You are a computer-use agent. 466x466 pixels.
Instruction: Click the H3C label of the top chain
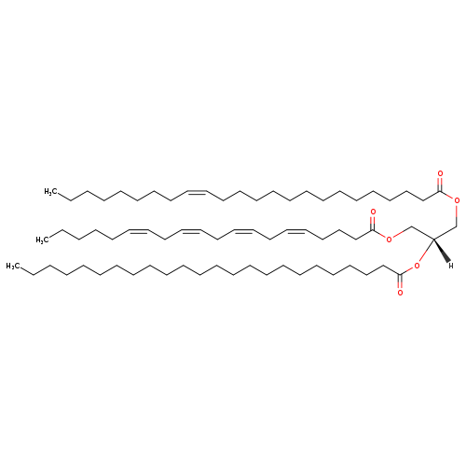pos(50,192)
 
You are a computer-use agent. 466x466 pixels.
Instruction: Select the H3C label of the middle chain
pos(42,240)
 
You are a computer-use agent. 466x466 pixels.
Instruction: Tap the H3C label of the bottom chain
pos(12,266)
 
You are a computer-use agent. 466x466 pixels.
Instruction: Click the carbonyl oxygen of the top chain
pos(440,173)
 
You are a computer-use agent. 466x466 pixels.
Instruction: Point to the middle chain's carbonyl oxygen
pos(373,212)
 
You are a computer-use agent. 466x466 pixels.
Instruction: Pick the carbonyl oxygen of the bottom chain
pos(400,293)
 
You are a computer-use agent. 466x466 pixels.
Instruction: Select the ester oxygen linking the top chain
pos(457,200)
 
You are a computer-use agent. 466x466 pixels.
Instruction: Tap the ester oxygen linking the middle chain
pos(389,240)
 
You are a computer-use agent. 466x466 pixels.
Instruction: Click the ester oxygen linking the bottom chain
pos(417,266)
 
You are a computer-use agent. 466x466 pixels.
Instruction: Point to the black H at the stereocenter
pos(451,266)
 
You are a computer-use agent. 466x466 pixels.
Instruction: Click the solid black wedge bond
pos(442,251)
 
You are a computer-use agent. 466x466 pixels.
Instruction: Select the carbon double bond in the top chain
pos(197,192)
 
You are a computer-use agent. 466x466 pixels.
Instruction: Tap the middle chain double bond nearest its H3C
pos(138,231)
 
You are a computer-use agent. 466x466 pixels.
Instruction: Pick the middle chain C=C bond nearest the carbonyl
pos(297,231)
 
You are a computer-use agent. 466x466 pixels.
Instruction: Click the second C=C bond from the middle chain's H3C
pos(190,231)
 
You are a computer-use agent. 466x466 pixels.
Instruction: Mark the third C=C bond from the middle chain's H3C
pos(244,231)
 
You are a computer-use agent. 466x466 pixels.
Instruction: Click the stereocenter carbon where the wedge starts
pos(433,239)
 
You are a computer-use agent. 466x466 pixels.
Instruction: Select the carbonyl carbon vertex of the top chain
pos(440,191)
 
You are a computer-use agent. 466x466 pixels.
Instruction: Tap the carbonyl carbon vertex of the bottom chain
pos(400,275)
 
